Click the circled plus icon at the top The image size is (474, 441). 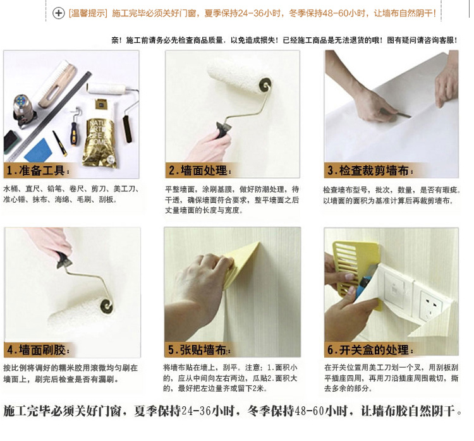click(58, 13)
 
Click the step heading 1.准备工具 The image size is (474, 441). click(38, 171)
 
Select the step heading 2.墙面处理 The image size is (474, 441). click(200, 171)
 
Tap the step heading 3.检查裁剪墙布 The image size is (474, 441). click(370, 171)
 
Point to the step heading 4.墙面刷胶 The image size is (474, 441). click(38, 350)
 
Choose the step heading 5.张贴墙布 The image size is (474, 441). click(199, 350)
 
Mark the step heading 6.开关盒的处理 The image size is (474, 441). click(370, 350)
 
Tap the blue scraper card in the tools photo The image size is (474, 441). click(39, 150)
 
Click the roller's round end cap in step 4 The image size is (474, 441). click(106, 306)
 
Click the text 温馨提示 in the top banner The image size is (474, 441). click(88, 13)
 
